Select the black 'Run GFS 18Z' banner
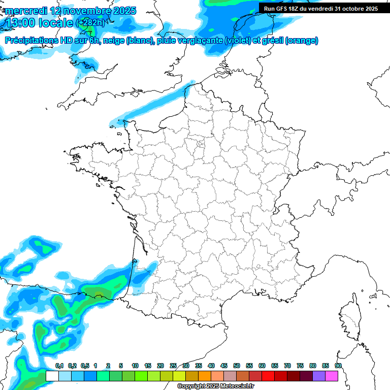320,8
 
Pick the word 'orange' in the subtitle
301,41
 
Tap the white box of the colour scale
52,376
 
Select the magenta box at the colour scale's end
332,376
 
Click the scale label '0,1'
59,366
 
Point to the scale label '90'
338,366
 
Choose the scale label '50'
237,366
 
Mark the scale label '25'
173,366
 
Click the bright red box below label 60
268,376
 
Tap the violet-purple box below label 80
319,376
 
